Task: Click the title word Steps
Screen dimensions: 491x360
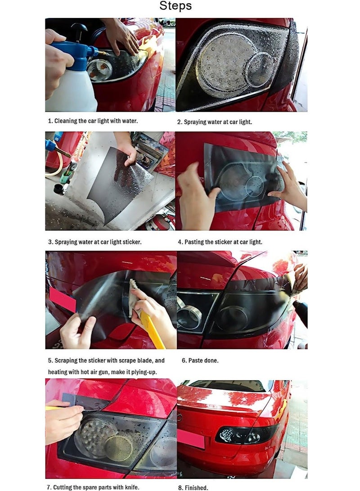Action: coord(175,6)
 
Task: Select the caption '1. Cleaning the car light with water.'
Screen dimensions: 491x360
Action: coord(93,121)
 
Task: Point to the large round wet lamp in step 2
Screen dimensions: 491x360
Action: coord(220,61)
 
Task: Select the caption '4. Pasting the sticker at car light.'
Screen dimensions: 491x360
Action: coord(220,242)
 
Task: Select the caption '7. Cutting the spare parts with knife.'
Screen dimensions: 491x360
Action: coord(94,487)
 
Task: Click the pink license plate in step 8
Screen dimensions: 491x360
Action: coord(191,438)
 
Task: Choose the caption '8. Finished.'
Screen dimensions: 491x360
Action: coord(193,487)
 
